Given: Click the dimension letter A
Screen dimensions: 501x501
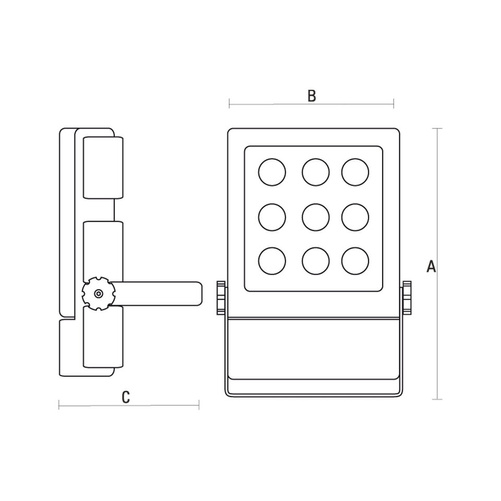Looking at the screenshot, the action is click(x=431, y=266).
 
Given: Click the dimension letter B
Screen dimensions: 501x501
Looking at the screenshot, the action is click(x=311, y=96).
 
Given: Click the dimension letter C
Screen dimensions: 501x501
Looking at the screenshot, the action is click(x=126, y=397).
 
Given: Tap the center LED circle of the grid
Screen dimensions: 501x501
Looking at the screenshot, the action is click(x=316, y=217).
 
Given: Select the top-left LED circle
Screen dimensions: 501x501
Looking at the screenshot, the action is click(x=272, y=172).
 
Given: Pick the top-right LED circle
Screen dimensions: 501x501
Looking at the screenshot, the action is click(x=355, y=172).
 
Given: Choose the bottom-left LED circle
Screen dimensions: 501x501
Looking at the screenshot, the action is click(x=272, y=261).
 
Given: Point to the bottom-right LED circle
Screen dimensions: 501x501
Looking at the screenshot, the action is click(x=355, y=261).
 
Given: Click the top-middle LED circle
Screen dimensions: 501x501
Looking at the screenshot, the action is click(x=316, y=172).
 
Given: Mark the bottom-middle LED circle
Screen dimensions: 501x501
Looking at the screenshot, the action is click(x=316, y=261).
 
